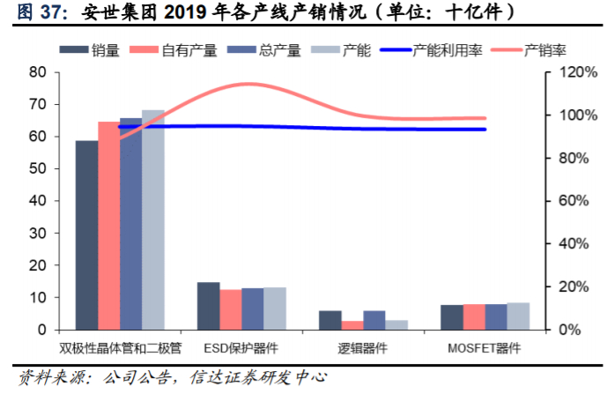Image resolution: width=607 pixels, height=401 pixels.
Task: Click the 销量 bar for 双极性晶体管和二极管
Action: pos(86,235)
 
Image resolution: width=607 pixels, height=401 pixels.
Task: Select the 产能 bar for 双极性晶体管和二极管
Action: pos(153,220)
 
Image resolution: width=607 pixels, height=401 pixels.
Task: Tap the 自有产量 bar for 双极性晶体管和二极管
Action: pos(108,226)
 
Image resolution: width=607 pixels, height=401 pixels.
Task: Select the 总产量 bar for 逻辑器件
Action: pos(374,320)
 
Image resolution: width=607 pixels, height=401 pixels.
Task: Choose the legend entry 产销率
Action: pos(537,50)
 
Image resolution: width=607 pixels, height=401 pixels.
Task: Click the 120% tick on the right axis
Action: pos(565,72)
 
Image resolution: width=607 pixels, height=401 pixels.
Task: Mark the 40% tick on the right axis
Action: pos(562,244)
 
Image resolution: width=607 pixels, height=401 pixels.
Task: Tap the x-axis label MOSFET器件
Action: pos(485,347)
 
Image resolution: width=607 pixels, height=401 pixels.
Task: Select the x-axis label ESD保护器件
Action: pos(241,347)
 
